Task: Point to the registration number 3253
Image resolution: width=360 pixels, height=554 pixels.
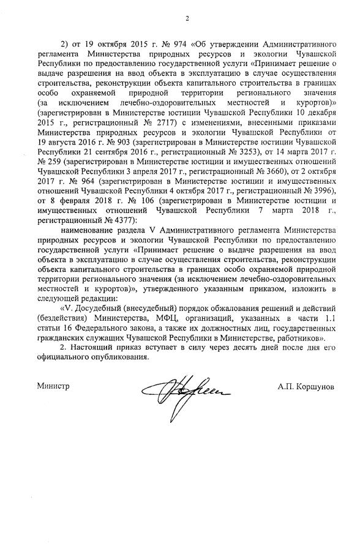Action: (x=244, y=148)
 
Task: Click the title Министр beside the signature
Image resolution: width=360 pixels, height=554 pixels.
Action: (x=53, y=387)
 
